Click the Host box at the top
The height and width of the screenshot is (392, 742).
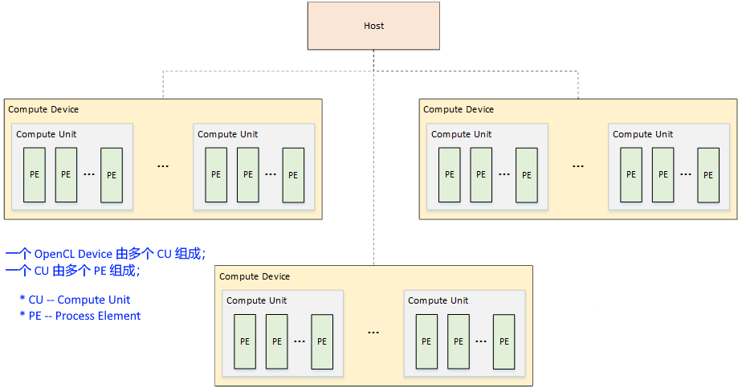point(373,26)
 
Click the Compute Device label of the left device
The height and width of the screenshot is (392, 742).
point(43,109)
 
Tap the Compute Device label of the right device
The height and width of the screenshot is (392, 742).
point(459,109)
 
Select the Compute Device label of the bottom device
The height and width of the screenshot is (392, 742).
point(255,276)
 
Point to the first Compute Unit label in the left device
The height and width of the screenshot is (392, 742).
point(47,134)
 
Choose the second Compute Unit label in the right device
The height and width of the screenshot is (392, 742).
point(642,134)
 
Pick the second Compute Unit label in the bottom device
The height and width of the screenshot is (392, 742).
point(438,300)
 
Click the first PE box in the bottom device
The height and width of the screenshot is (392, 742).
point(245,341)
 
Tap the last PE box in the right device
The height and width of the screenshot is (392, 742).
point(707,174)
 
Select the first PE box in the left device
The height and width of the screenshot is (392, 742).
point(35,174)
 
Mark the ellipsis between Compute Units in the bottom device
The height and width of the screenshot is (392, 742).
point(373,333)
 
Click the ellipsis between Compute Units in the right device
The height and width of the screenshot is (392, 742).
point(578,166)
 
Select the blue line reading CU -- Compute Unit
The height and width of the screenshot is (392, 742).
point(75,300)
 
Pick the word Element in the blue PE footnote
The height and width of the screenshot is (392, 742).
point(119,316)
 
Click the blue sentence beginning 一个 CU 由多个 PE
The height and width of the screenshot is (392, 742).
point(72,271)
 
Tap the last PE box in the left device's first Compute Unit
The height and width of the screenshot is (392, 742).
point(112,174)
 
